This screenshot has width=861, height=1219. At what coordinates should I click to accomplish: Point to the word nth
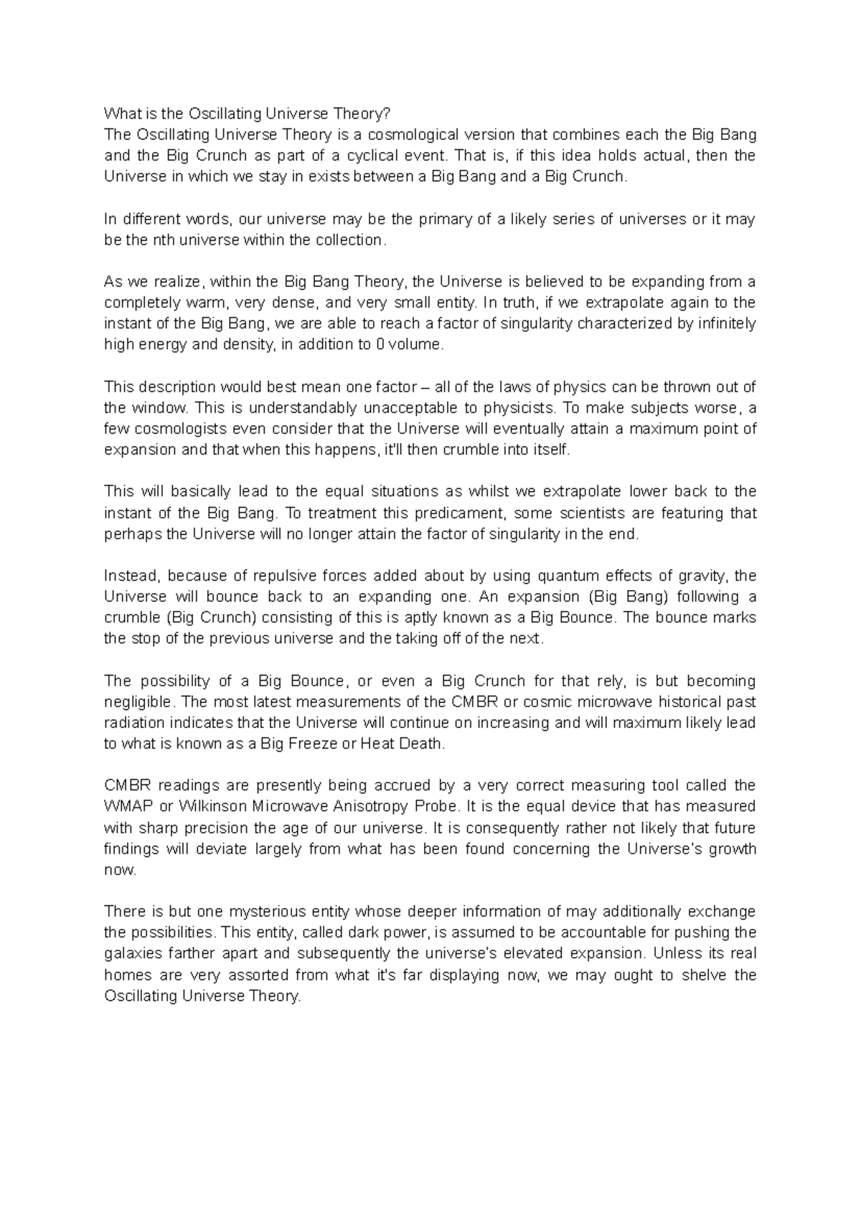click(x=164, y=240)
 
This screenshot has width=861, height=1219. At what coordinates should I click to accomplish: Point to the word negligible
click(x=138, y=701)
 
